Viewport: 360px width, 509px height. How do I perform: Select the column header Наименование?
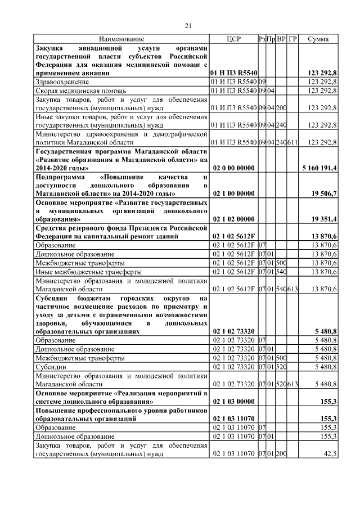point(121,39)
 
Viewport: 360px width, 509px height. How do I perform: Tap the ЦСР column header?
point(233,39)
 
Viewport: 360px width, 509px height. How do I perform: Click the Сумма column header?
point(318,39)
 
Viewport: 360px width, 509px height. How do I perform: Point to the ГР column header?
point(292,39)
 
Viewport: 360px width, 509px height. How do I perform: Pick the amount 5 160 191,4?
point(319,168)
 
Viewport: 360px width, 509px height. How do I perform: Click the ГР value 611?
point(292,142)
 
